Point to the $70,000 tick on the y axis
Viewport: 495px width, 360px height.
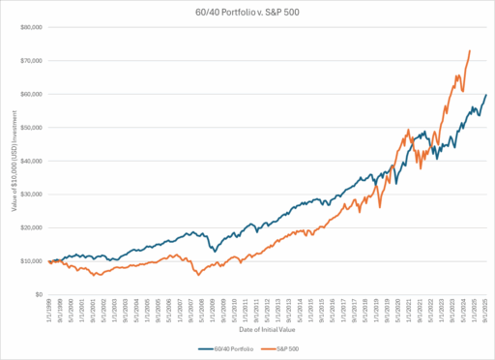[x=32, y=60]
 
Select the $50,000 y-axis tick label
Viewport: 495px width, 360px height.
[x=32, y=127]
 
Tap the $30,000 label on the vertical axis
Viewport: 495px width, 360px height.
[x=32, y=194]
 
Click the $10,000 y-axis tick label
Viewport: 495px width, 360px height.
[x=32, y=260]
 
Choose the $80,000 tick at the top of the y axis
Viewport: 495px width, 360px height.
[x=32, y=27]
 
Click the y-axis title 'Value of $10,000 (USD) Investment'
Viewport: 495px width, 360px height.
[x=13, y=161]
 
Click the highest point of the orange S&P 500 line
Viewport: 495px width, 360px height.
[x=470, y=50]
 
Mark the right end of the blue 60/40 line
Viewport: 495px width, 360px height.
[x=486, y=94]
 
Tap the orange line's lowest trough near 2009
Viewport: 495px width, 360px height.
[x=199, y=276]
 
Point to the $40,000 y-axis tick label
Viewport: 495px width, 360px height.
[x=32, y=161]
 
